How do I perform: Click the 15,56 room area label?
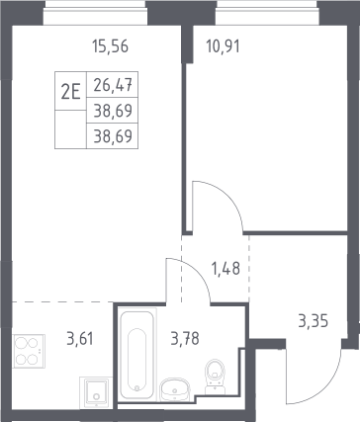coord(110,46)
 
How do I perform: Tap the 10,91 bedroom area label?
coord(223,46)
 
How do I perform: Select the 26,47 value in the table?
coord(113,85)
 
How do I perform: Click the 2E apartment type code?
coord(71,92)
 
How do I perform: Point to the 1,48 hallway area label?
coord(225,269)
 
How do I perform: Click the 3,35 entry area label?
coord(314,321)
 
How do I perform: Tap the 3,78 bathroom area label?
coord(185,338)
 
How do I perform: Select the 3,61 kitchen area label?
coord(80,339)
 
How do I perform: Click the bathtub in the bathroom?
coord(137,355)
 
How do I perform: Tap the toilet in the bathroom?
coord(215,377)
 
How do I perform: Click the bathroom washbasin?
coord(175,389)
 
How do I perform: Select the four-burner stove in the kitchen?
coord(29,351)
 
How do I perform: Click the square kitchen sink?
coord(96,393)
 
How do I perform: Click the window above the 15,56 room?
coord(95,13)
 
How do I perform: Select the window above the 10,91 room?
coord(267,13)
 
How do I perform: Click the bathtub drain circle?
coord(137,387)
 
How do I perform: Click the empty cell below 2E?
coord(70,129)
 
